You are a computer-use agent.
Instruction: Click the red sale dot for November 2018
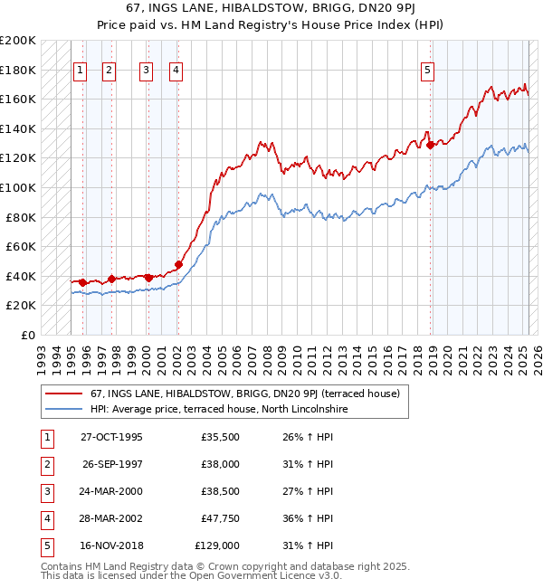(x=431, y=145)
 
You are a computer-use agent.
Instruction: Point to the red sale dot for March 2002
(x=179, y=265)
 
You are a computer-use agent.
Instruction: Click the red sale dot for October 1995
(x=83, y=282)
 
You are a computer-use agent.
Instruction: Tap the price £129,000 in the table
(x=217, y=545)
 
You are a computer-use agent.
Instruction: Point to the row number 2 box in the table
(x=45, y=464)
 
